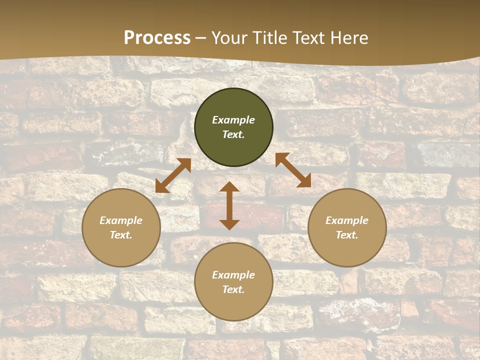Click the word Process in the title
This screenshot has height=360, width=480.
tap(157, 38)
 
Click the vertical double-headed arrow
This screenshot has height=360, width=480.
tap(229, 205)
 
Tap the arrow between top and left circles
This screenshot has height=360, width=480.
tap(173, 175)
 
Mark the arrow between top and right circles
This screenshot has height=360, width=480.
tap(293, 170)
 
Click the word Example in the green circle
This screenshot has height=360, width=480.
tap(233, 120)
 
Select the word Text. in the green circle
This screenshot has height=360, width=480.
tap(233, 134)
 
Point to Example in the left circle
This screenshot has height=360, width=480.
tap(121, 220)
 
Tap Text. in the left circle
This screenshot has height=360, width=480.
tap(121, 235)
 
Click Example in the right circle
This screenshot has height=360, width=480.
tap(347, 220)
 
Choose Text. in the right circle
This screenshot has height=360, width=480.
tap(347, 235)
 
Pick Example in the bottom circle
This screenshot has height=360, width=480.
tap(233, 275)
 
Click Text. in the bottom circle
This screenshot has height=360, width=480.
tap(233, 289)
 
